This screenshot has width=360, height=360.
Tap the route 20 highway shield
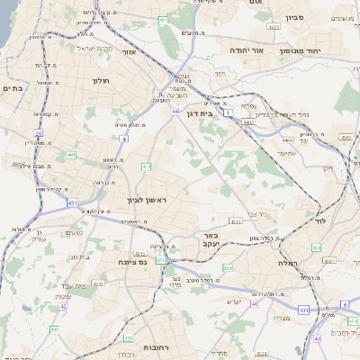pos(39,132)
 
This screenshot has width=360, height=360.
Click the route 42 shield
pos(64,308)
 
